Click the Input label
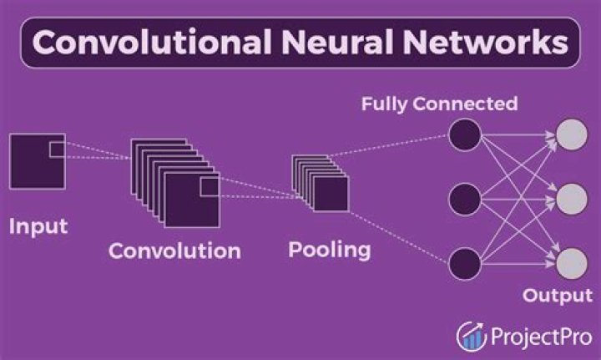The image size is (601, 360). tap(38, 226)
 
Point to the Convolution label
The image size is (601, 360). tap(174, 251)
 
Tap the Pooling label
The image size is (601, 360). tap(329, 249)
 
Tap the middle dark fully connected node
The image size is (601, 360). tap(465, 199)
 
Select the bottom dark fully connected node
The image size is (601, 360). tap(465, 262)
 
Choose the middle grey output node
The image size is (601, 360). tap(572, 199)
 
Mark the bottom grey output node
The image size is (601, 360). tap(572, 262)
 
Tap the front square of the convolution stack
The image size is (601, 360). tap(191, 200)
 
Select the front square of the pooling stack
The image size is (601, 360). tap(331, 194)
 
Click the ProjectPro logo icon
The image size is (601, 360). tap(472, 335)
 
